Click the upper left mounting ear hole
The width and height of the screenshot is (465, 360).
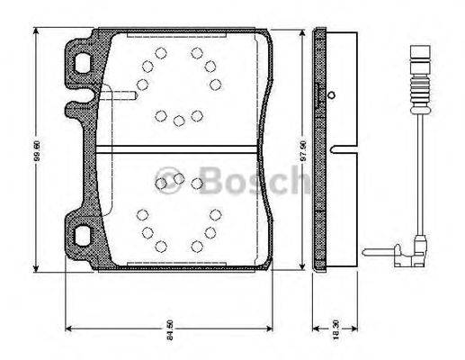pos(83,65)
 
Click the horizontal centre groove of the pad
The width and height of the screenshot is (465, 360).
pos(180,148)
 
